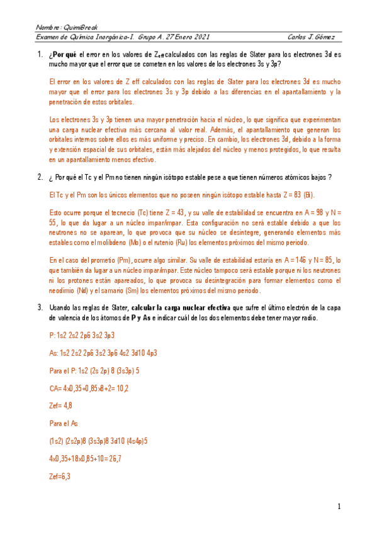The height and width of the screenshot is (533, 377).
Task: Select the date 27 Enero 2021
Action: tap(184, 37)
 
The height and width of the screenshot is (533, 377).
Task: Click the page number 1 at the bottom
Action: tap(339, 506)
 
